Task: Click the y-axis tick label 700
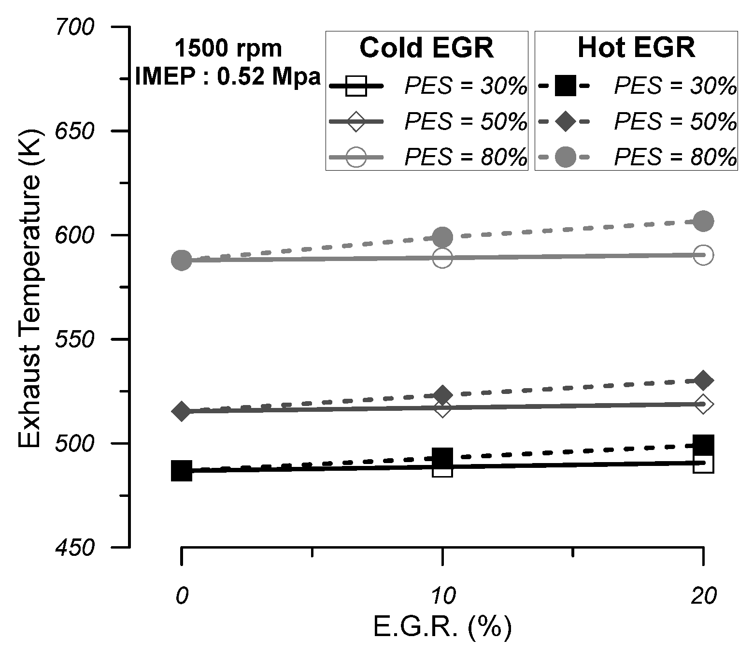click(75, 28)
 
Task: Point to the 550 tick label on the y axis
click(75, 340)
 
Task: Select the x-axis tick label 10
click(442, 596)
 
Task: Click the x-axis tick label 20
click(703, 596)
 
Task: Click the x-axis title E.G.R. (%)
click(442, 627)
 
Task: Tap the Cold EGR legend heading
click(426, 48)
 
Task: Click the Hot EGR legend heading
click(636, 48)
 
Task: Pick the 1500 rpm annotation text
click(228, 49)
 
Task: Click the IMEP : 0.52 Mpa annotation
click(228, 76)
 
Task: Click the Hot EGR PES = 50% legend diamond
click(565, 122)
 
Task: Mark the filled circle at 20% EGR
click(703, 221)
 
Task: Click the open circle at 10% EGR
click(442, 259)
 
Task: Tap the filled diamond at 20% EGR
click(703, 381)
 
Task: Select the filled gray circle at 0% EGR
click(182, 260)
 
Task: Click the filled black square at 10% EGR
click(442, 457)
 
